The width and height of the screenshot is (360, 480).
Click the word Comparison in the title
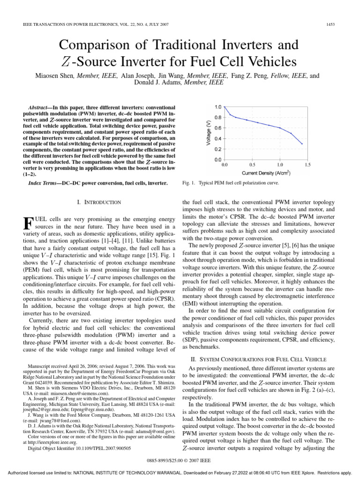97,45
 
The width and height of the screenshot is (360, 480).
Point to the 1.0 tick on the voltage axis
218,107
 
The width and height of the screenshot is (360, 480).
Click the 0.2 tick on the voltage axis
218,149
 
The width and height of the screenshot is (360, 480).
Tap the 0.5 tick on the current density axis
252,165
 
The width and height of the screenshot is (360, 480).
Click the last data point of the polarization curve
302,143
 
